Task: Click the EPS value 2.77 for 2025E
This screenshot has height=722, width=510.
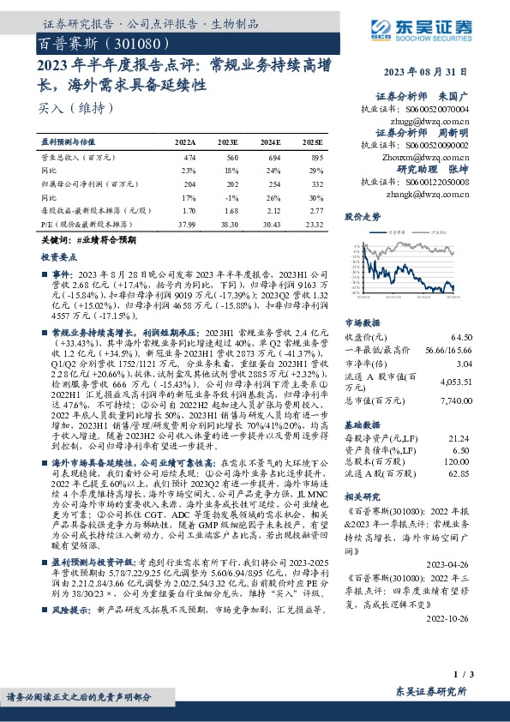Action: pos(316,209)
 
